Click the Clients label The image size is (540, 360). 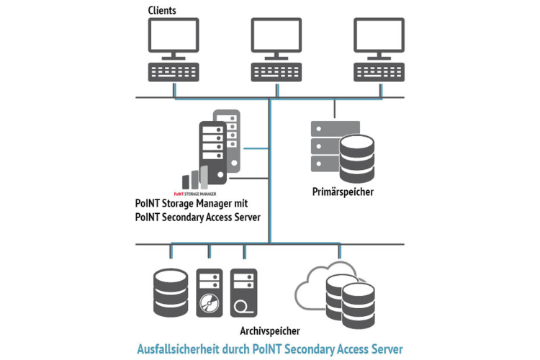[x=162, y=12]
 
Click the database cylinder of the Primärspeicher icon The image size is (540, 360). [x=358, y=159]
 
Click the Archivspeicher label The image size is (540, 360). [x=270, y=330]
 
